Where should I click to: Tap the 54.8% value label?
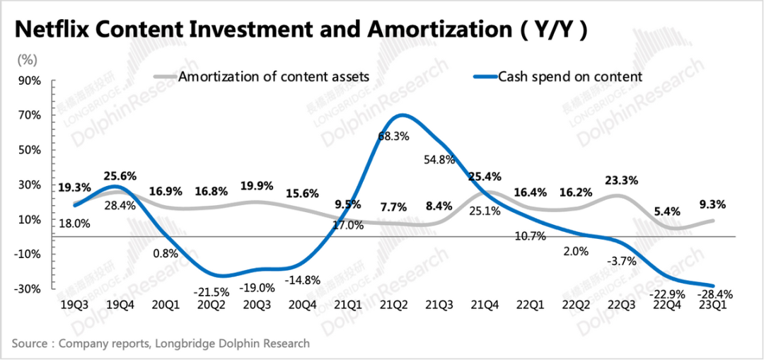click(x=439, y=160)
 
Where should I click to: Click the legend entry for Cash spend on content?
click(x=570, y=76)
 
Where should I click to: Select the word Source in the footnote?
click(x=30, y=344)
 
